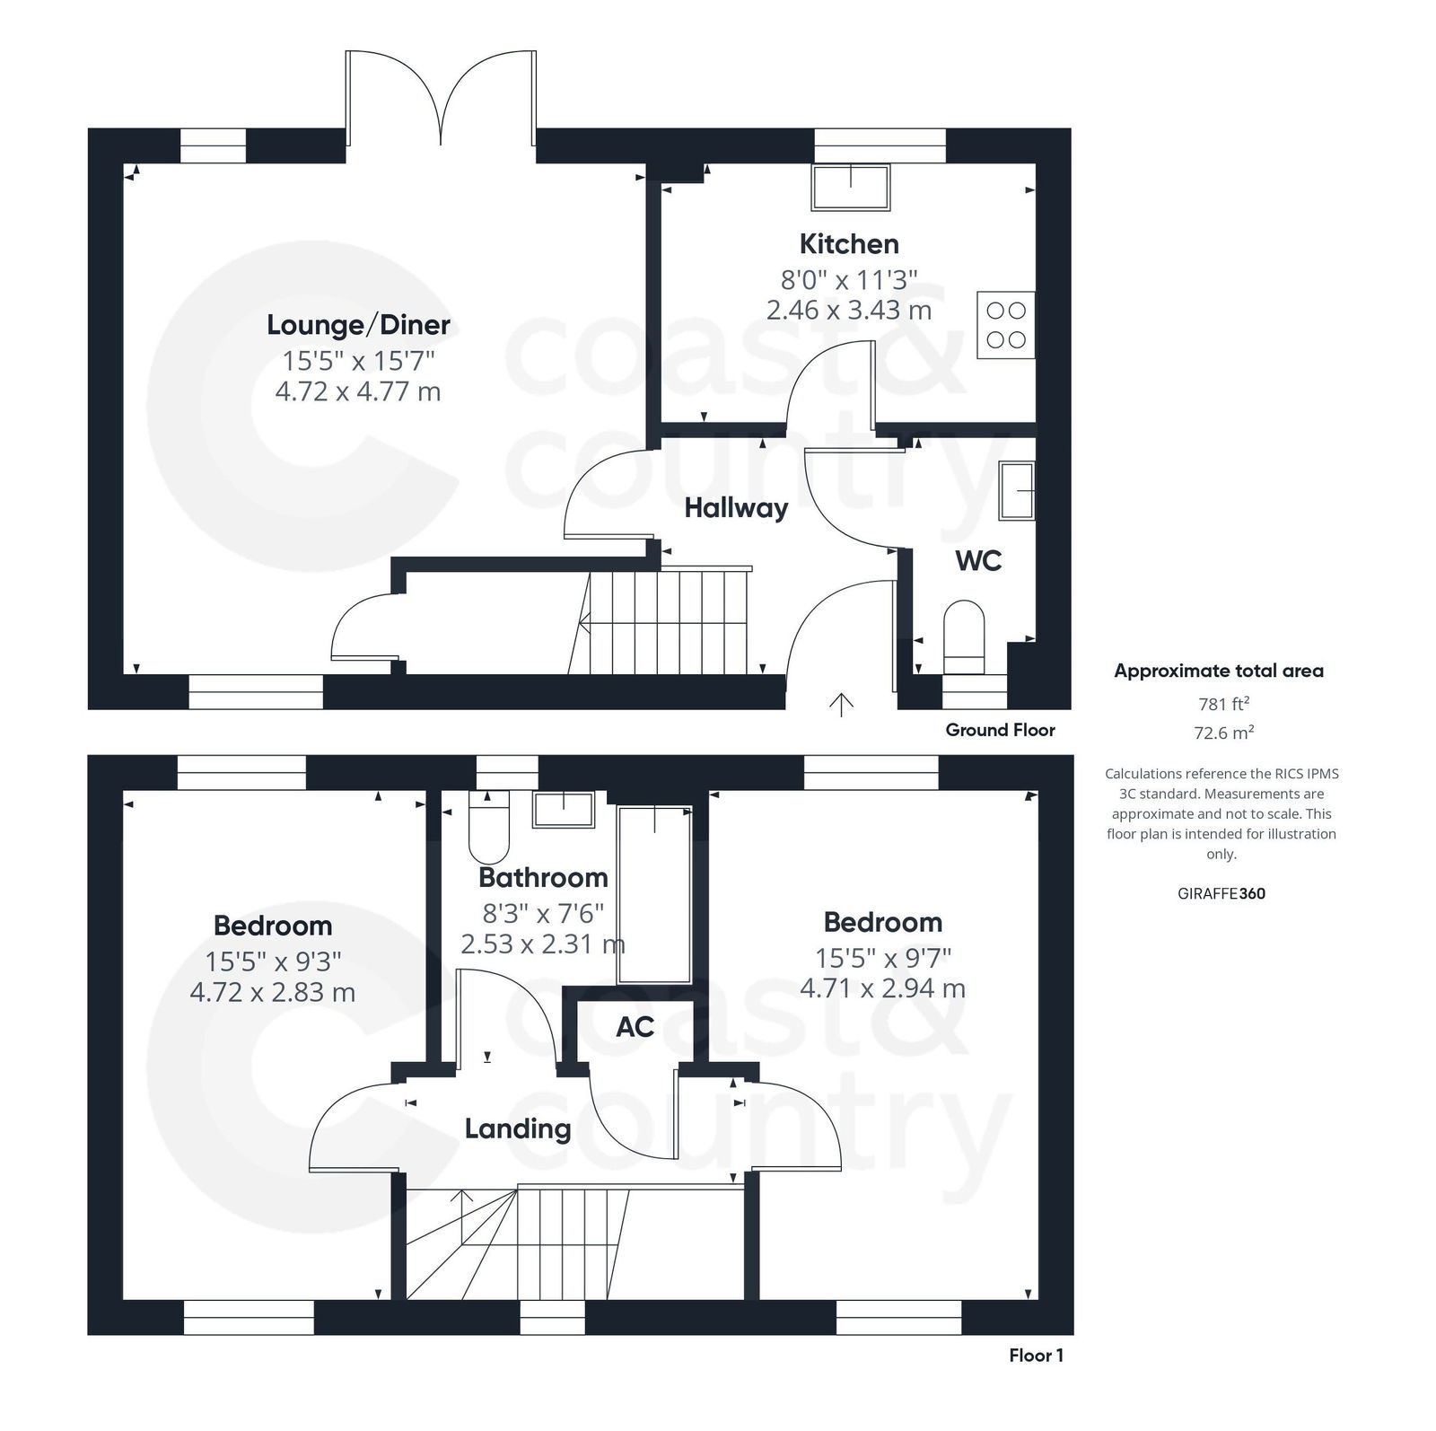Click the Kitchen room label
(x=848, y=243)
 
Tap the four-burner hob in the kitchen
(x=1005, y=325)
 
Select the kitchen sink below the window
(x=850, y=188)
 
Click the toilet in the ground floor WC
(x=964, y=637)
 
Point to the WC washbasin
(x=1017, y=490)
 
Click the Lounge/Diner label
(x=358, y=324)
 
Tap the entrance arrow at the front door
(x=840, y=705)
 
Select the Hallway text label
(x=736, y=508)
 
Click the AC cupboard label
(x=635, y=1027)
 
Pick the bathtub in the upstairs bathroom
(x=655, y=893)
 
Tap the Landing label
(x=518, y=1128)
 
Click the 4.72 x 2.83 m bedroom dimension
(x=273, y=992)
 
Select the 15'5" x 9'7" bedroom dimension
(x=883, y=958)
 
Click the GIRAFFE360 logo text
(x=1221, y=893)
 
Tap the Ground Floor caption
(x=1000, y=730)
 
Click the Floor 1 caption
(x=1036, y=1356)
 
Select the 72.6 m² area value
(x=1223, y=733)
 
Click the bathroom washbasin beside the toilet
(x=564, y=810)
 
